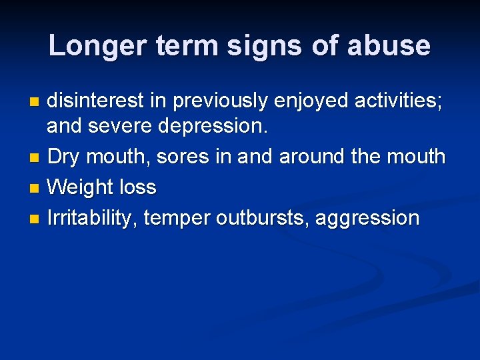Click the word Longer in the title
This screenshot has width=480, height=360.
(x=95, y=46)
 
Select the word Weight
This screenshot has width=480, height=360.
(x=81, y=187)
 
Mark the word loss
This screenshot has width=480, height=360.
(x=137, y=187)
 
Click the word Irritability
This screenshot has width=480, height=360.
(x=91, y=218)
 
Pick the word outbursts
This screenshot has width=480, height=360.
(x=263, y=218)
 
